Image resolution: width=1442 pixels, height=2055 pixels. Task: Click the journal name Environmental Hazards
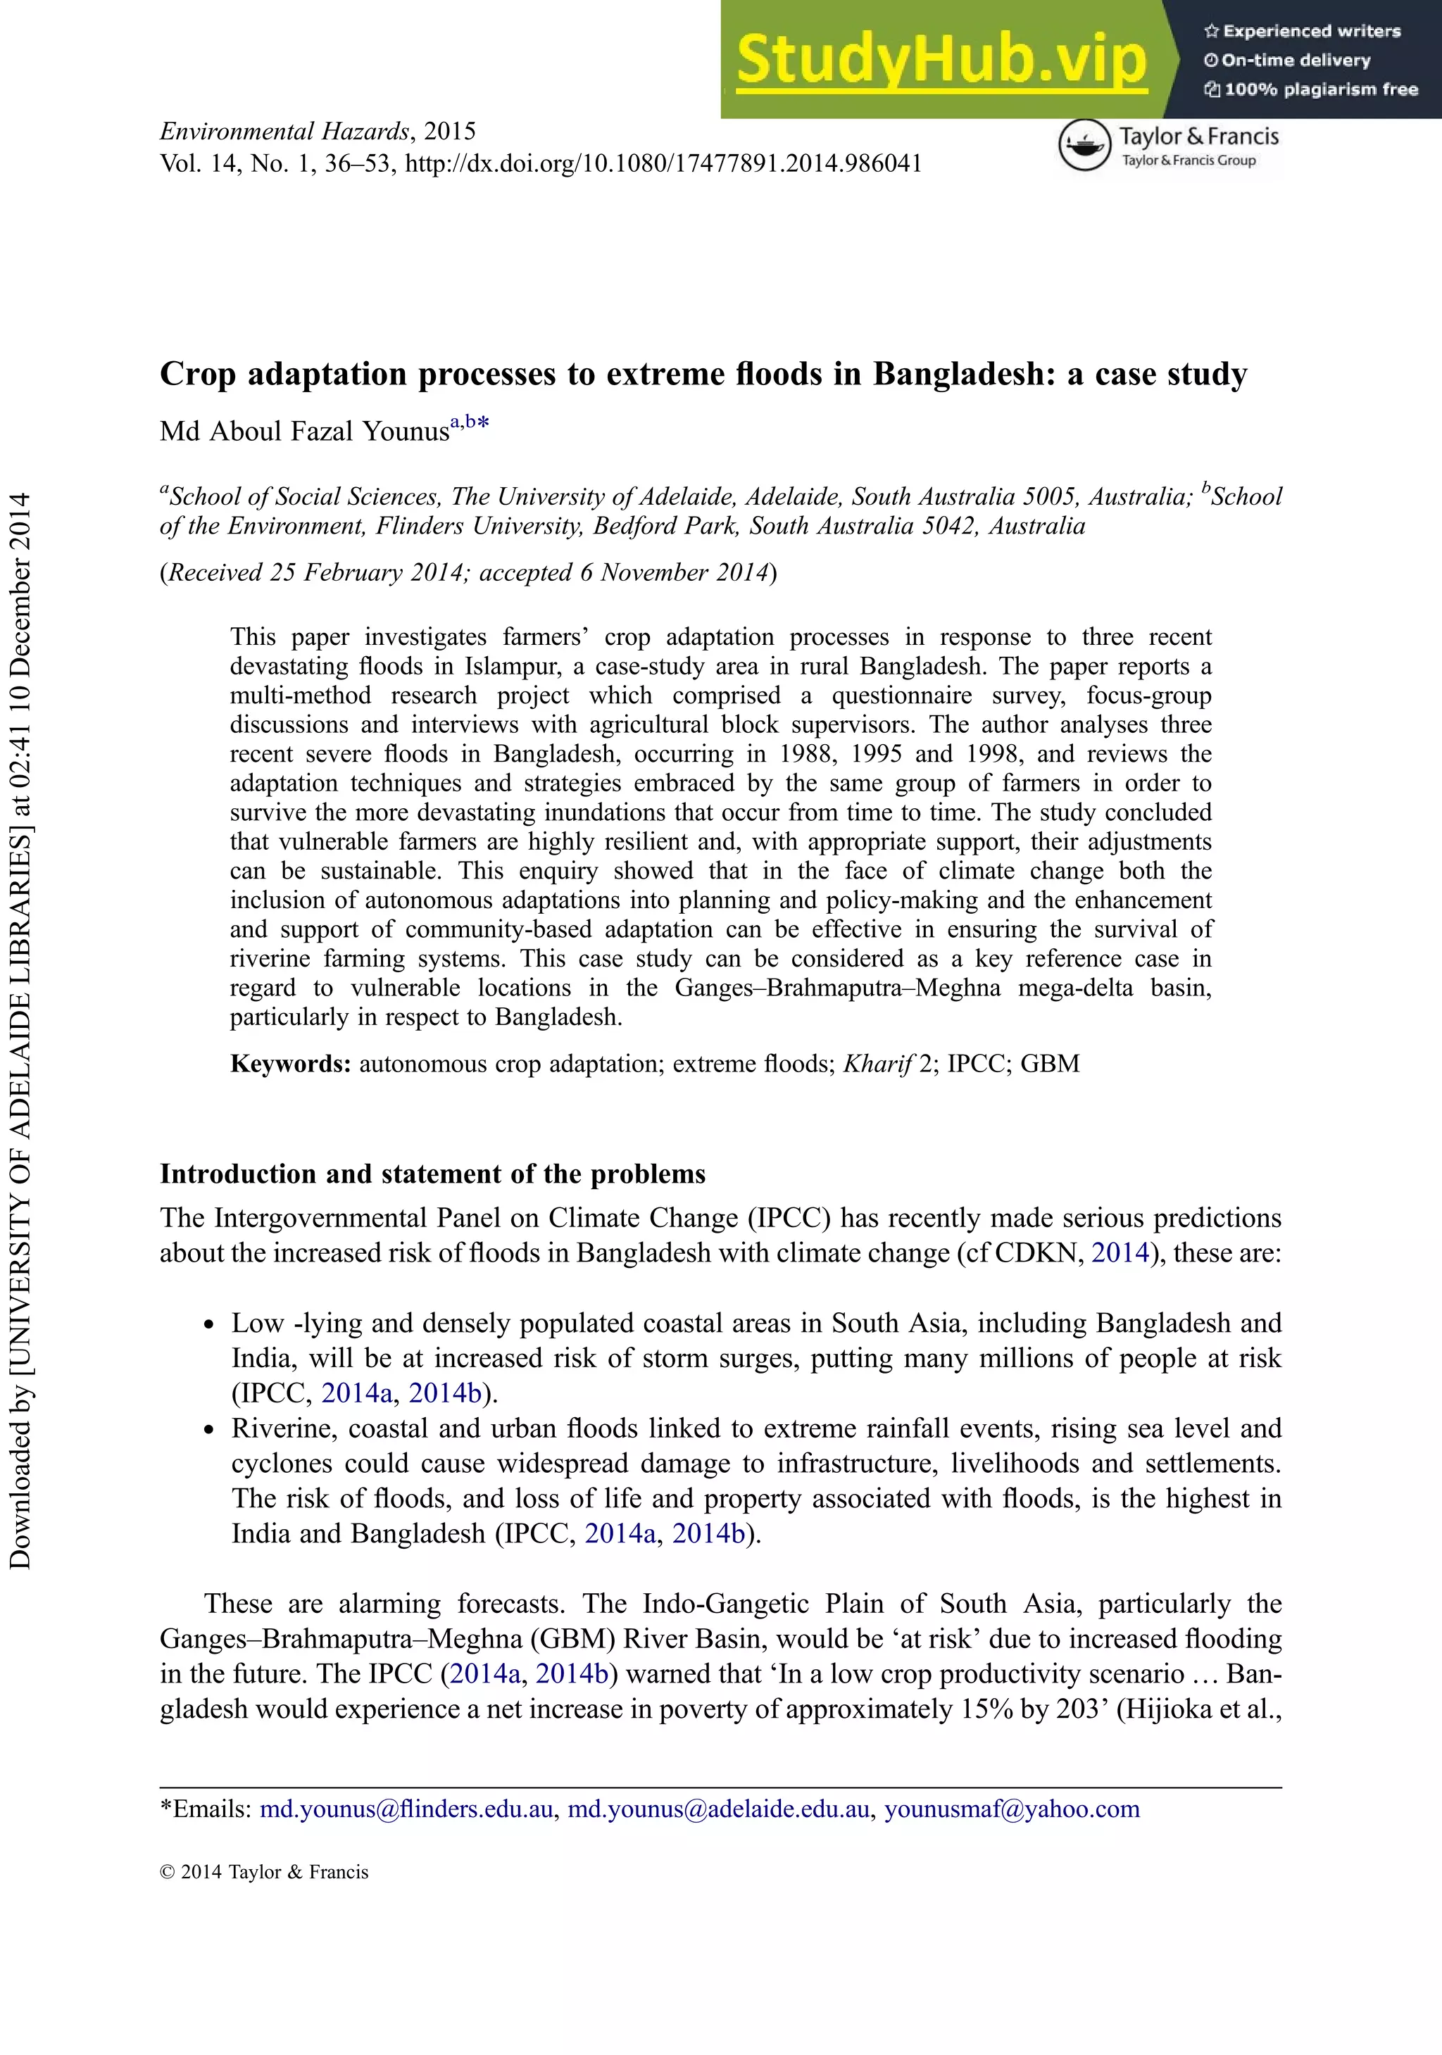click(x=284, y=132)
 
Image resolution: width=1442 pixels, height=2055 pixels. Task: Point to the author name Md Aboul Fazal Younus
click(x=304, y=432)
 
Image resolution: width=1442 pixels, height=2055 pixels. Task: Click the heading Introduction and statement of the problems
click(x=432, y=1174)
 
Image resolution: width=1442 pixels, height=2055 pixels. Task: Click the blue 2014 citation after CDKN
click(x=1119, y=1252)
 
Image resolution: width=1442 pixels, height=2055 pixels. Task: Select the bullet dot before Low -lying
click(x=208, y=1326)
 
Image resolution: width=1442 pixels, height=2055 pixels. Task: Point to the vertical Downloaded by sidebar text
click(x=20, y=1029)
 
